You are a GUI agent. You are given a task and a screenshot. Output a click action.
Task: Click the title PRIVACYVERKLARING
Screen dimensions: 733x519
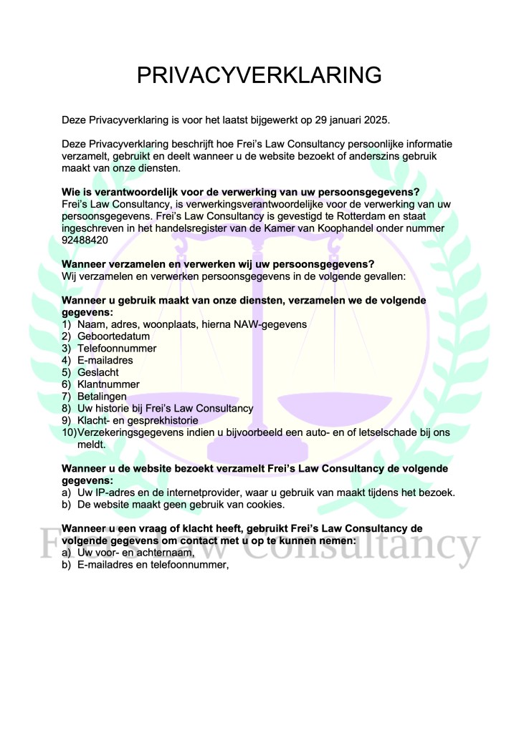pyautogui.click(x=259, y=76)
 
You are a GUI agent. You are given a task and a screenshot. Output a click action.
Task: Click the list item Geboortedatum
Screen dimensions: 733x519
pyautogui.click(x=108, y=336)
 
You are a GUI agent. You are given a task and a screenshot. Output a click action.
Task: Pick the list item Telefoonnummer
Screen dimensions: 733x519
pyautogui.click(x=117, y=349)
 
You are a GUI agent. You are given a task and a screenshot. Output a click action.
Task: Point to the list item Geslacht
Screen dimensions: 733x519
pyautogui.click(x=98, y=372)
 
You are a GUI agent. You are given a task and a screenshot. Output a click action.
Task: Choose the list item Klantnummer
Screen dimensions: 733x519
pyautogui.click(x=108, y=384)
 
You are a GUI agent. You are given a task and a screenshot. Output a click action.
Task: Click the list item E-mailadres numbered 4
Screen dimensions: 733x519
pyautogui.click(x=105, y=361)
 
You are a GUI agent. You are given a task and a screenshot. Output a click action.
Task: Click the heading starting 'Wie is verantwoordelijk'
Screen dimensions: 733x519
pyautogui.click(x=240, y=192)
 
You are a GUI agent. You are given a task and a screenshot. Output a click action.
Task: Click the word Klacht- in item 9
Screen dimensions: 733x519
pyautogui.click(x=96, y=420)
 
